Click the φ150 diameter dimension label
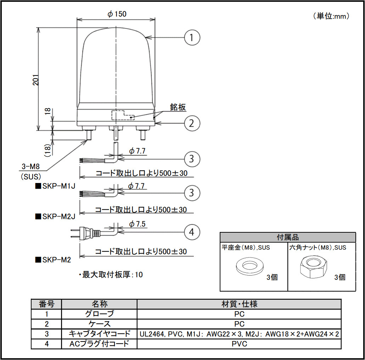pyautogui.click(x=117, y=14)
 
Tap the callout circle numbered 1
pyautogui.click(x=192, y=37)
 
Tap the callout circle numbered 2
pyautogui.click(x=192, y=123)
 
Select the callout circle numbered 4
pyautogui.click(x=192, y=232)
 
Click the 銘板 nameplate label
pyautogui.click(x=178, y=107)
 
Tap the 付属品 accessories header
pyautogui.click(x=288, y=237)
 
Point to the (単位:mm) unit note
pyautogui.click(x=331, y=16)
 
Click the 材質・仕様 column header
pyautogui.click(x=239, y=304)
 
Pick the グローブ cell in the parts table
pyautogui.click(x=99, y=314)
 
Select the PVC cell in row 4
pyautogui.click(x=239, y=344)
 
